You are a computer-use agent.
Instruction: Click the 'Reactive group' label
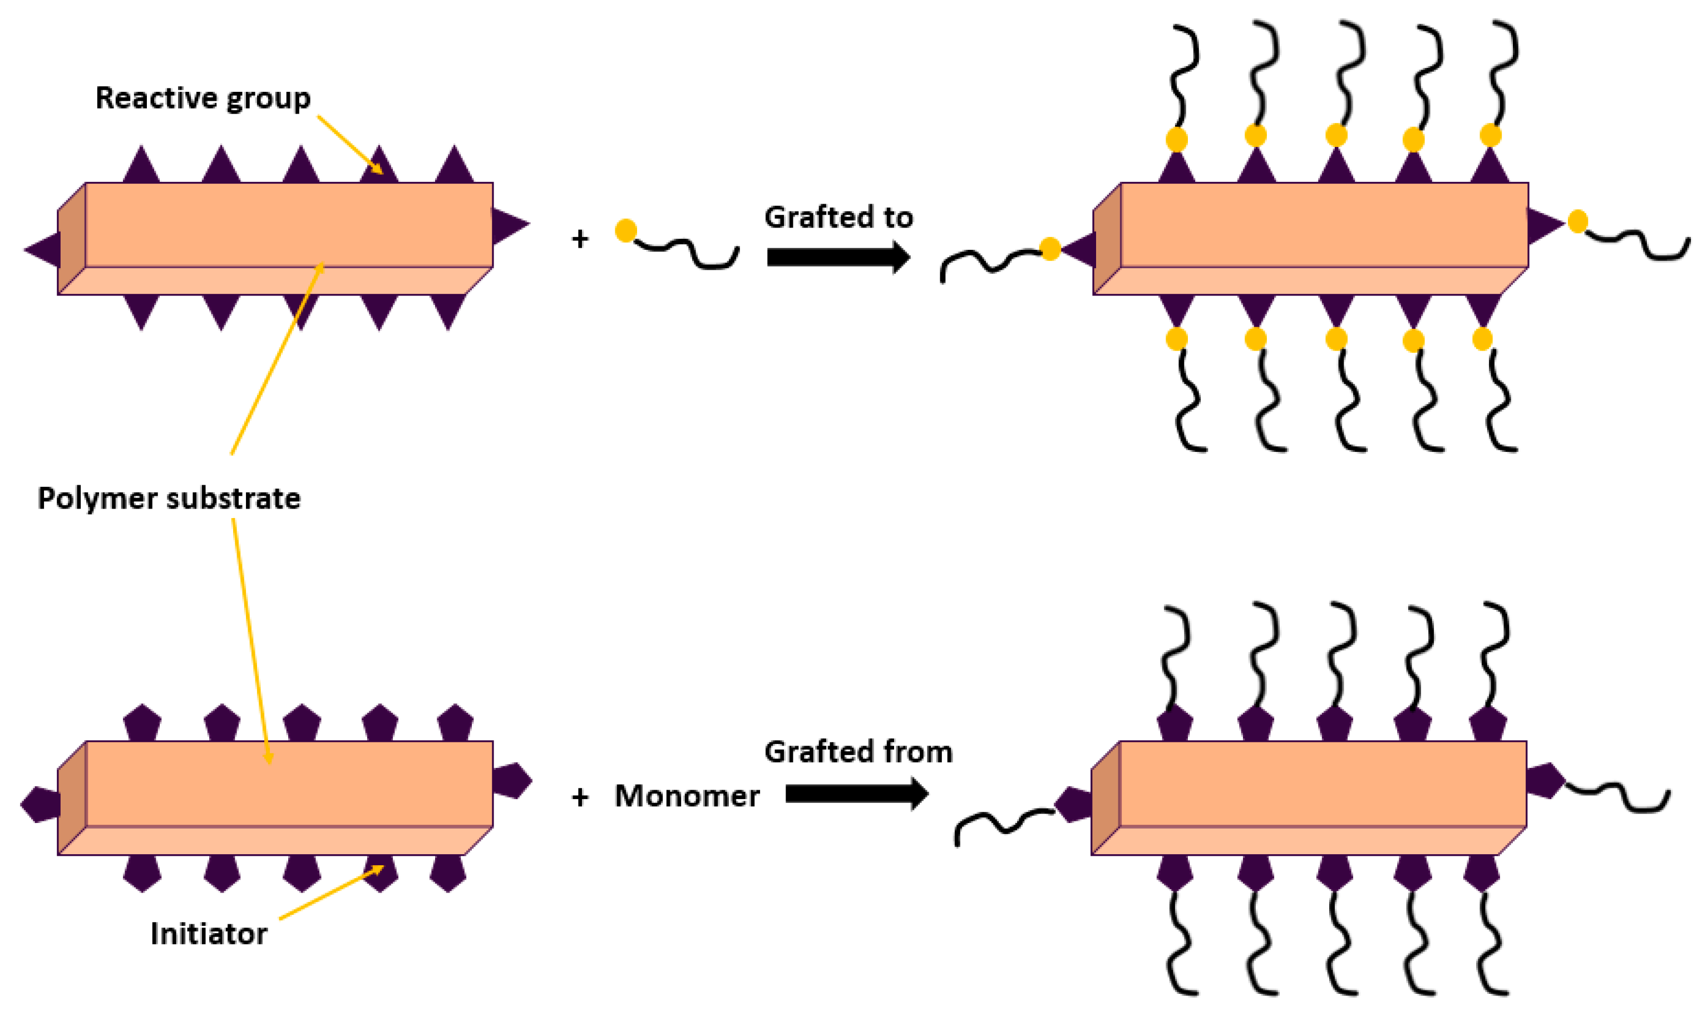pos(203,98)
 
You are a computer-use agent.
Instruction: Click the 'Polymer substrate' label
pos(169,498)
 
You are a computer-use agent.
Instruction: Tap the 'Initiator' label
pos(209,934)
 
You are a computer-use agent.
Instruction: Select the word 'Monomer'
pos(687,796)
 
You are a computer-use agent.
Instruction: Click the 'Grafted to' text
pos(838,218)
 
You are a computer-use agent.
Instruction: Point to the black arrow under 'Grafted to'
pos(837,257)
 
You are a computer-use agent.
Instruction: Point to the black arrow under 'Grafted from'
pos(856,794)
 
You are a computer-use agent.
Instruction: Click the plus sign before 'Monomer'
pos(580,798)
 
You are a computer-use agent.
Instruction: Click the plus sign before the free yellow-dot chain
pos(580,239)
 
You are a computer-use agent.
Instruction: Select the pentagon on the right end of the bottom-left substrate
pos(512,781)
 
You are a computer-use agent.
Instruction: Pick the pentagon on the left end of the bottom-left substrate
pos(40,805)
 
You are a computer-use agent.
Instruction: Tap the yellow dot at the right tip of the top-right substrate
pos(1578,221)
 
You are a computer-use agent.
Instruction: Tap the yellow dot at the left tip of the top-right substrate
pos(1049,249)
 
